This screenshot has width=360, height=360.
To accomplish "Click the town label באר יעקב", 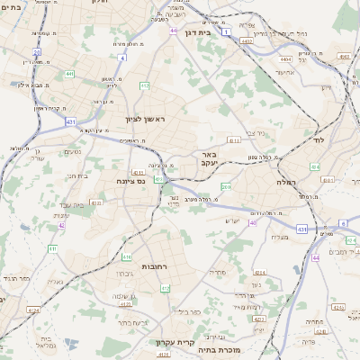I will [210, 159].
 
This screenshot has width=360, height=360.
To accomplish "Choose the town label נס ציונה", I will [130, 181].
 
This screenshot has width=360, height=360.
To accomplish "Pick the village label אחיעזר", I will [286, 72].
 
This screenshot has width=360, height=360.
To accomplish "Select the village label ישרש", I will [231, 220].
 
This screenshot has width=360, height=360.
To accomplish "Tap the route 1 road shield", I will [226, 31].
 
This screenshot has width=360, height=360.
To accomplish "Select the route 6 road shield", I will [341, 223].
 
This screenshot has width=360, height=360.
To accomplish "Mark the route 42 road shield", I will [61, 226].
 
